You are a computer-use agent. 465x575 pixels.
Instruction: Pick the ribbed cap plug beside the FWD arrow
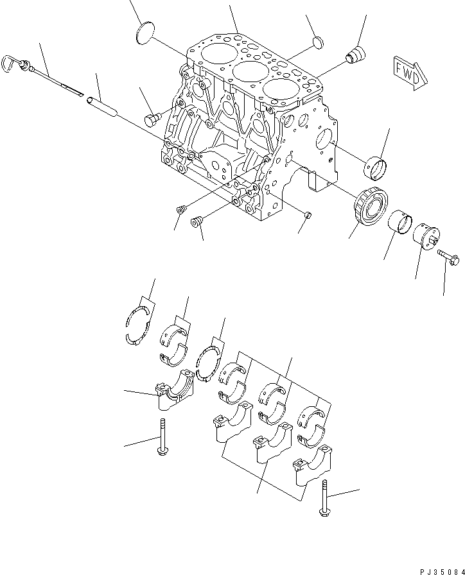(x=354, y=55)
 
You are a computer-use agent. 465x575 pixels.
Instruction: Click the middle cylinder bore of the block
(x=249, y=71)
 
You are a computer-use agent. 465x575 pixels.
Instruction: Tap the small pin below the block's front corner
(x=307, y=214)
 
